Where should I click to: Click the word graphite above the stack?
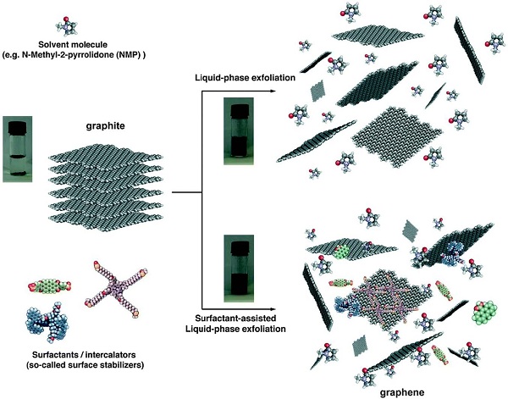click(x=105, y=125)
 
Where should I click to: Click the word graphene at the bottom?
click(x=401, y=392)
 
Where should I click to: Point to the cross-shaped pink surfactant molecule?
click(x=117, y=288)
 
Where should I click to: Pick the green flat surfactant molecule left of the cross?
click(x=50, y=285)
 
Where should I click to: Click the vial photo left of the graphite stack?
click(x=18, y=149)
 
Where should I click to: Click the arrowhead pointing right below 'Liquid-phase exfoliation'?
click(x=272, y=91)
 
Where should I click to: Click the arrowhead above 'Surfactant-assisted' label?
click(x=272, y=309)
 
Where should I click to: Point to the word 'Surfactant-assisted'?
click(x=236, y=318)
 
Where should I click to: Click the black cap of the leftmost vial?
click(x=17, y=127)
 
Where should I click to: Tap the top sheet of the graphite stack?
click(x=106, y=156)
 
